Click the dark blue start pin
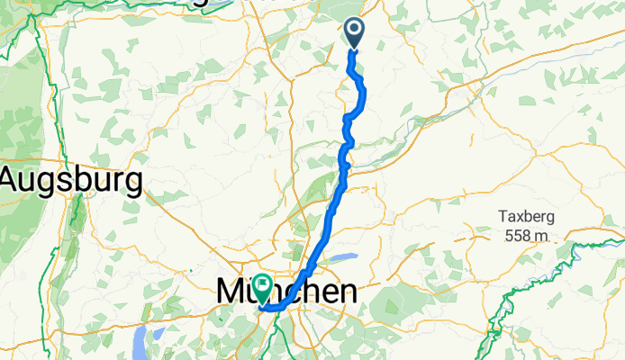[x=353, y=34]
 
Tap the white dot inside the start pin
[x=353, y=31]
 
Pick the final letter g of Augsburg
[x=133, y=184]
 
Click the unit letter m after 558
[x=542, y=236]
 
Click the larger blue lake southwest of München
[x=140, y=342]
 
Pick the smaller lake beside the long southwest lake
[x=159, y=334]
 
